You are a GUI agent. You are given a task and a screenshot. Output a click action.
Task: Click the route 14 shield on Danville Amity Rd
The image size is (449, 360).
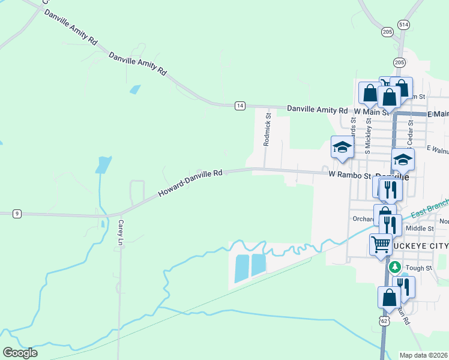coord(240,106)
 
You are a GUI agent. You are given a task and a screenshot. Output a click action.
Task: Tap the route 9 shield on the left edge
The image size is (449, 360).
coord(17,213)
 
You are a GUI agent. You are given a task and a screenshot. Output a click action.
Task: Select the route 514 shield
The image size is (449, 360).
coord(404,25)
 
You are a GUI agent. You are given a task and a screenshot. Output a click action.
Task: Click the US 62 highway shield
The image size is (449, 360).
coord(384,321)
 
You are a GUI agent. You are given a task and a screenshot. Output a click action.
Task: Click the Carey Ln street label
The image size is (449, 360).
coord(120,233)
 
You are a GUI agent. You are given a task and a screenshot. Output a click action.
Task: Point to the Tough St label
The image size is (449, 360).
coord(419,268)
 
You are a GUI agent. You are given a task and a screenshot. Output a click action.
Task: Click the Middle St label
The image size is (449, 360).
coord(420,228)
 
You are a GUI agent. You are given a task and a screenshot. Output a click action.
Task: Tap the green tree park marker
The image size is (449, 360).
coord(394,266)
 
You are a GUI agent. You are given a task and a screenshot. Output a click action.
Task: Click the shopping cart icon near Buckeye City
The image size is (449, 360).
coord(380,244)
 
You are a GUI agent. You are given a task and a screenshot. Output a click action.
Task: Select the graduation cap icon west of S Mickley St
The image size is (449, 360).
coord(342,147)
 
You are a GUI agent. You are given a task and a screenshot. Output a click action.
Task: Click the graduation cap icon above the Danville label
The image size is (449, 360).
coord(403,160)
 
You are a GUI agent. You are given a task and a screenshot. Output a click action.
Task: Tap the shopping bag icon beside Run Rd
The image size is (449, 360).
coord(389,296)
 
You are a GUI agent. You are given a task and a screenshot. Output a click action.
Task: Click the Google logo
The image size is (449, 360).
coord(20,353)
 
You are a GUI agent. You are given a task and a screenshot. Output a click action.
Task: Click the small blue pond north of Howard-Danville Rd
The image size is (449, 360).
coord(134,90)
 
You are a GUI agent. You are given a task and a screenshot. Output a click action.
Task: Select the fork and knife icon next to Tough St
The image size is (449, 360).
coord(403,286)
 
